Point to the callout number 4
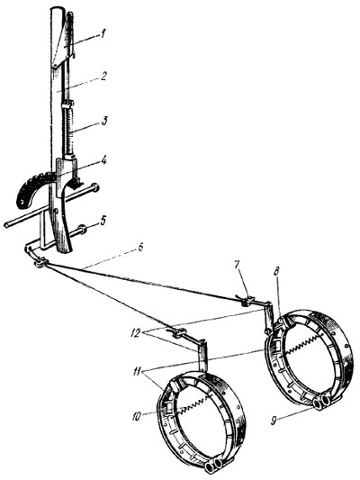(104, 159)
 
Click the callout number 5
(103, 221)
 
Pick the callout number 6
(140, 248)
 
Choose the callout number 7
(237, 265)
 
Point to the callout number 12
(135, 333)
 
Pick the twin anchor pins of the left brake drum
(214, 466)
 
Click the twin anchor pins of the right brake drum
(320, 404)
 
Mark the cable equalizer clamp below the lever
(40, 262)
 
